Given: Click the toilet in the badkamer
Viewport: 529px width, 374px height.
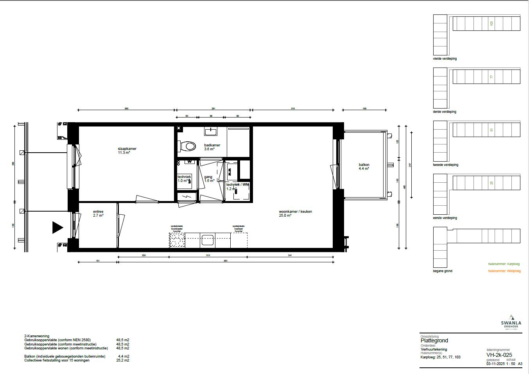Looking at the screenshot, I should click(189, 146).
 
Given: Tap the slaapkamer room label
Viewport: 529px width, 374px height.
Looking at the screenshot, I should click(127, 149).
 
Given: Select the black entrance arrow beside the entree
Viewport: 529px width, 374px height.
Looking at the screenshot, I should click(57, 228).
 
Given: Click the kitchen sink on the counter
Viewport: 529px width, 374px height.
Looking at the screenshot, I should click(207, 240).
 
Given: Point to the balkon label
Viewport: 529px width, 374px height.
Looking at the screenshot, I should click(364, 165).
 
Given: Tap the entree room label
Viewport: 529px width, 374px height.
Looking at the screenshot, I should click(98, 212).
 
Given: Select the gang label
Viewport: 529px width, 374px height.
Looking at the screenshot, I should click(208, 177).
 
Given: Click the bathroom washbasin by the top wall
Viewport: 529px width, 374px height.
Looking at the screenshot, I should click(211, 131).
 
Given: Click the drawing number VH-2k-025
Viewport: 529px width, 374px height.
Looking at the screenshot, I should click(499, 355).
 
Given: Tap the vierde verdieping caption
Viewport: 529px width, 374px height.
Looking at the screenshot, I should click(445, 59).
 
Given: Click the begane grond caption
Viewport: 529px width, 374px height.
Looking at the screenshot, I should click(442, 271).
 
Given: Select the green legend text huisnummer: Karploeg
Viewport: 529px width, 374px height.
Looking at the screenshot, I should click(504, 264).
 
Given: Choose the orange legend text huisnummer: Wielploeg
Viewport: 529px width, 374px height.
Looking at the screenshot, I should click(504, 271).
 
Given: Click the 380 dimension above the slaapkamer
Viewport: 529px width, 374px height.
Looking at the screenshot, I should click(126, 109).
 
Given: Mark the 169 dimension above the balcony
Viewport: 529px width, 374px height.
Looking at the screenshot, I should click(364, 109).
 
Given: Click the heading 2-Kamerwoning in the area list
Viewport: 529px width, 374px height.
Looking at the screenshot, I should click(37, 336).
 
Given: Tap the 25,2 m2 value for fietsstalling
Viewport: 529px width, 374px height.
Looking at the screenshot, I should click(124, 360).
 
